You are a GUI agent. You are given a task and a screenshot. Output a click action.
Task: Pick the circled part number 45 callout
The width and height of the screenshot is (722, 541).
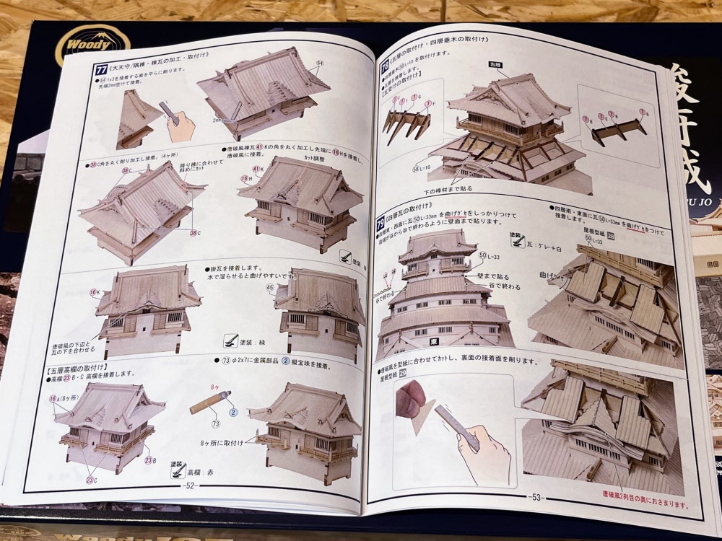[271, 289]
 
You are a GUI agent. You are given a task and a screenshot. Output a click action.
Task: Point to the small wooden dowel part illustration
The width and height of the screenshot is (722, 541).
[210, 401]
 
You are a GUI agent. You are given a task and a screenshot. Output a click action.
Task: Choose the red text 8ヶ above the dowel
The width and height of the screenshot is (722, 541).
[214, 387]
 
